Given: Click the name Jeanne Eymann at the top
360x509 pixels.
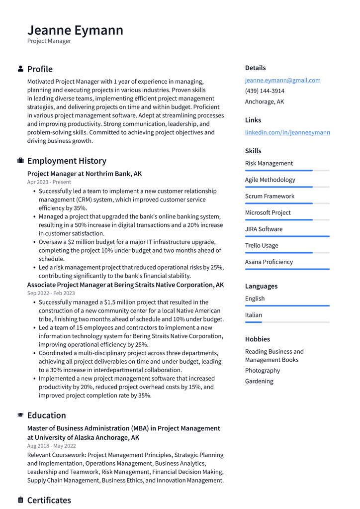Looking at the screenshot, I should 75,30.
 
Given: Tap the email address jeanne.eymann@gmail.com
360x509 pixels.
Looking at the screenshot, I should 282,80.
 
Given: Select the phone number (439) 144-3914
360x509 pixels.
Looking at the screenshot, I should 265,91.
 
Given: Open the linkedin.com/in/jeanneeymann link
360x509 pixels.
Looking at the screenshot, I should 287,132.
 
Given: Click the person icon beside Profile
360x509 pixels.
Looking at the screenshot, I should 20,69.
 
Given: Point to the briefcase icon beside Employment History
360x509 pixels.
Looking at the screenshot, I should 20,161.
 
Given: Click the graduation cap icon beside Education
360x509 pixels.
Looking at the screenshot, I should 20,415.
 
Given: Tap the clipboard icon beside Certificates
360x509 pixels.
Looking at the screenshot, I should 20,500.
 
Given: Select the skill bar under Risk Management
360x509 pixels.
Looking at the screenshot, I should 287,171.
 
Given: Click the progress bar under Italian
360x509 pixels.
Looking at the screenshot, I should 287,322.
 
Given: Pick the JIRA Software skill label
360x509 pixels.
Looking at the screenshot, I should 264,229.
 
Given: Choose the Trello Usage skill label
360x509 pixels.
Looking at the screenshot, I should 262,245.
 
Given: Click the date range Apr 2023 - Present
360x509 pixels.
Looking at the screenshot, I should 49,182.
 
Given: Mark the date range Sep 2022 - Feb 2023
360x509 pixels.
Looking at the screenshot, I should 51,293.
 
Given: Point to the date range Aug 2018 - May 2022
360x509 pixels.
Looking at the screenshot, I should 52,446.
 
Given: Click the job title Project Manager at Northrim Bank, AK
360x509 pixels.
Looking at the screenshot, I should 85,174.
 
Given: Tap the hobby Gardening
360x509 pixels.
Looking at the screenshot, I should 259,381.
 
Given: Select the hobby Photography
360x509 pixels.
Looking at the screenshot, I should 263,370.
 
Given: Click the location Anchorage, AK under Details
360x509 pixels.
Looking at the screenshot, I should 265,102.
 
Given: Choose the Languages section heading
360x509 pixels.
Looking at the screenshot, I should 261,286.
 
